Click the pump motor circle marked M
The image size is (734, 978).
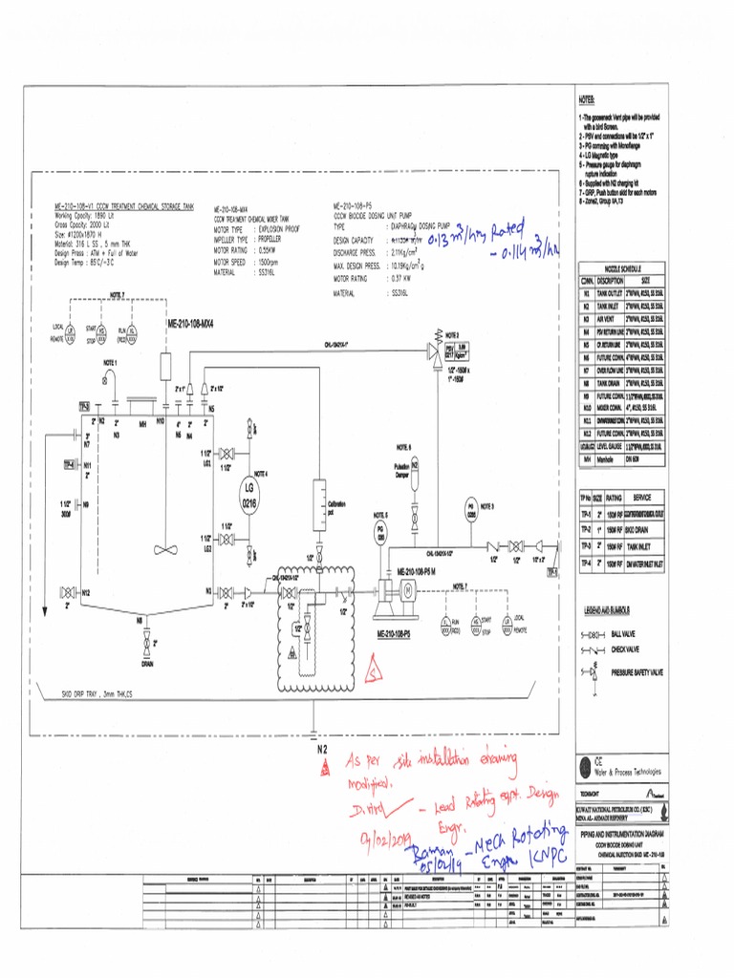(404, 592)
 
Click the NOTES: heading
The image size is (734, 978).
(586, 99)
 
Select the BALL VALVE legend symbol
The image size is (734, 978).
(592, 634)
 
